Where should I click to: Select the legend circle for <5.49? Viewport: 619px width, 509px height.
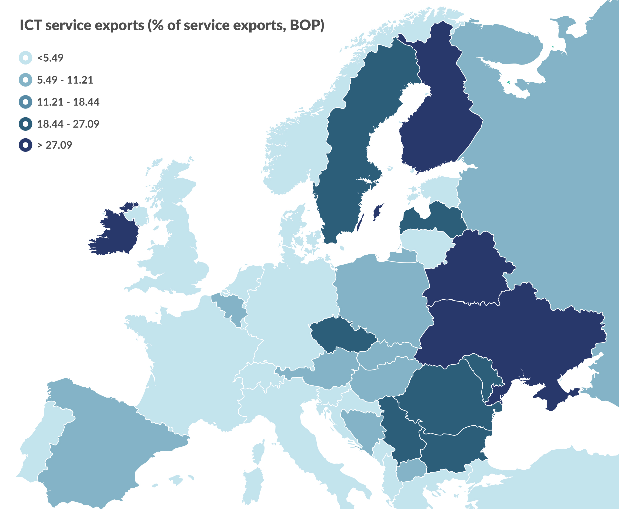coord(25,58)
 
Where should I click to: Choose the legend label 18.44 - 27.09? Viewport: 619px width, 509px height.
coord(68,124)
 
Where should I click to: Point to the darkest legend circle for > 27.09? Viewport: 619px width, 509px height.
coord(25,145)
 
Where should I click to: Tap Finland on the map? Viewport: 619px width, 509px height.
coord(436,117)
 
